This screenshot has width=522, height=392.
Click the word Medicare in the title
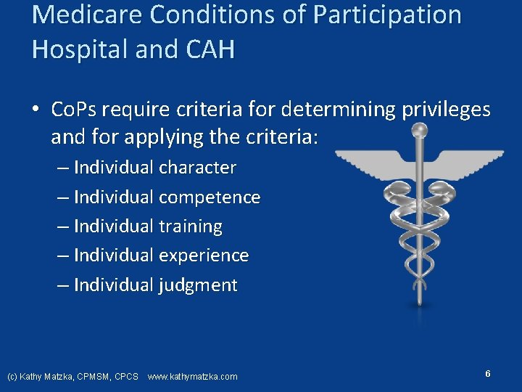78,15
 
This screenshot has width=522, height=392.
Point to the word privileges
444,110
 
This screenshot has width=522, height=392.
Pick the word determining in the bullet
337,110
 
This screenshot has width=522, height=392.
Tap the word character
197,168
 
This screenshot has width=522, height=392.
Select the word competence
209,197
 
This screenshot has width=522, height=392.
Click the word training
190,226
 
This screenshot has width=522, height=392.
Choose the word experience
203,256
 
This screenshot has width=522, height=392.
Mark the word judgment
197,285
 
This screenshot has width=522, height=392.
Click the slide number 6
488,374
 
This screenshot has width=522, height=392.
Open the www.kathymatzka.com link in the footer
192,377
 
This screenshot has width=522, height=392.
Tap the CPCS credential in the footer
126,377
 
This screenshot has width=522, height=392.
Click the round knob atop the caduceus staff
419,131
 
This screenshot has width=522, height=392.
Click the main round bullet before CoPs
36,111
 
